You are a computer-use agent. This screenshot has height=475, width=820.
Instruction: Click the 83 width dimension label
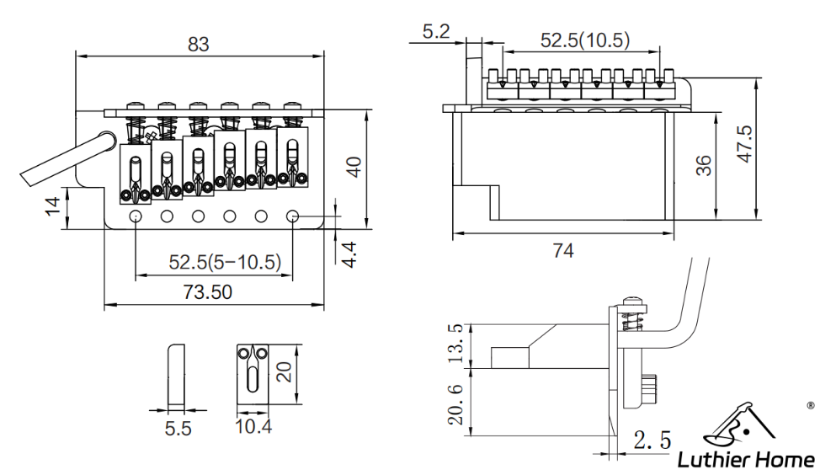[198, 44]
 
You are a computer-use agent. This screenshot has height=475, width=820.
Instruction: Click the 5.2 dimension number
[436, 33]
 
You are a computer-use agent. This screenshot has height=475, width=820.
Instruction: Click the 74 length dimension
[563, 251]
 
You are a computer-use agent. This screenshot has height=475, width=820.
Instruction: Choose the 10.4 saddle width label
[253, 427]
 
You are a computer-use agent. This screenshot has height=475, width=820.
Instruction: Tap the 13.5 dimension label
[455, 340]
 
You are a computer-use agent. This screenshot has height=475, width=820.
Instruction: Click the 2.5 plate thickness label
[651, 440]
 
